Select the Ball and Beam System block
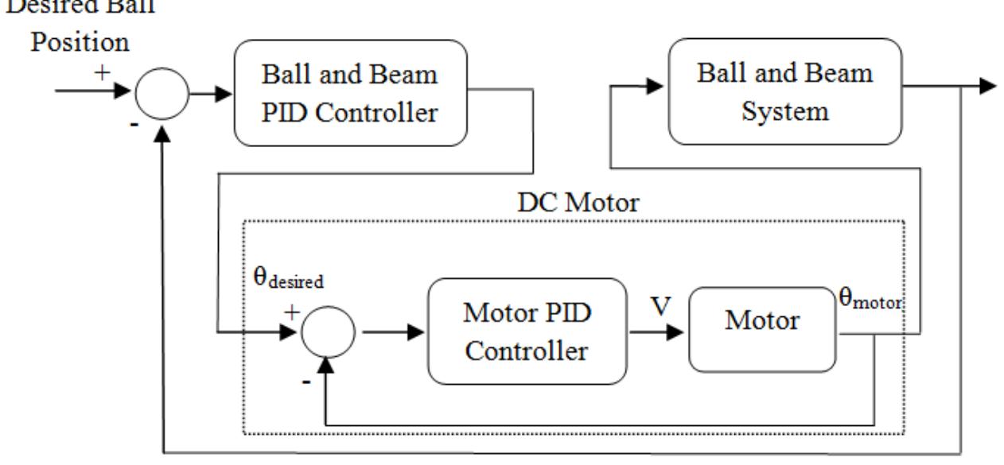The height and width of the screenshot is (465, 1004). point(785,93)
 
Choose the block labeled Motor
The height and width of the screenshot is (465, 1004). point(762,322)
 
